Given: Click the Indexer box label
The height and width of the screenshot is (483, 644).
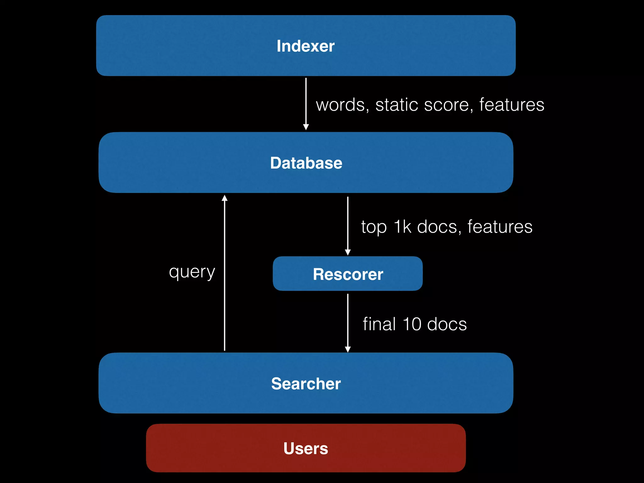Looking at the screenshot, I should click(305, 46).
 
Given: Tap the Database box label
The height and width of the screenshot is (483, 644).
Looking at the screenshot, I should click(306, 163).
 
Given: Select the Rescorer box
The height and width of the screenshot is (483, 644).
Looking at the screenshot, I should click(347, 274).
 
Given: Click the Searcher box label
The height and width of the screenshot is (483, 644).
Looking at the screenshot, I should click(306, 384).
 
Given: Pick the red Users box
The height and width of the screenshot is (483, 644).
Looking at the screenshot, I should click(306, 448).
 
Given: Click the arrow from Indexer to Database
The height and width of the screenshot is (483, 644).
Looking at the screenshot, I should click(306, 104).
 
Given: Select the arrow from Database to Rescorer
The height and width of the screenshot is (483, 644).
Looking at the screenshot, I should click(347, 225).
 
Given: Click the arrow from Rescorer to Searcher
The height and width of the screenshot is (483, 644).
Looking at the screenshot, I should click(347, 322).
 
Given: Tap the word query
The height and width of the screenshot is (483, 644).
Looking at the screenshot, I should click(192, 272).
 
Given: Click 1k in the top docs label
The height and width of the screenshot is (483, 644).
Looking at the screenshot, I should click(402, 227).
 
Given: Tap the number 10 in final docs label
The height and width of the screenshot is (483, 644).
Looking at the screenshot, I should click(412, 324).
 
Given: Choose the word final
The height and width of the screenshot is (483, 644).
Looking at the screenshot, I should click(379, 324).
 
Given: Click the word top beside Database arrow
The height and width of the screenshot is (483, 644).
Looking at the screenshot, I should click(374, 227).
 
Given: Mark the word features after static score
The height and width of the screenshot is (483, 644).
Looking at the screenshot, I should click(512, 105).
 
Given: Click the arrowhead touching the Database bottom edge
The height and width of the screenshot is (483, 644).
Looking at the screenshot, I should click(225, 198).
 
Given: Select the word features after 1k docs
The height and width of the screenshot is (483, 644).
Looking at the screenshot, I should click(500, 227).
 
